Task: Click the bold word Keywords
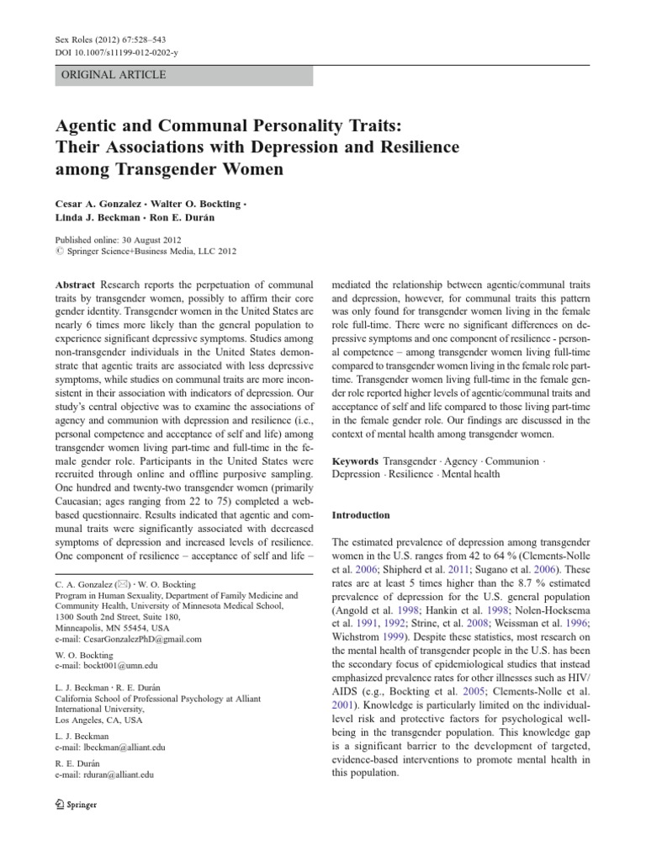[x=354, y=462]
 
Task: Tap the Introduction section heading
[x=361, y=515]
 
